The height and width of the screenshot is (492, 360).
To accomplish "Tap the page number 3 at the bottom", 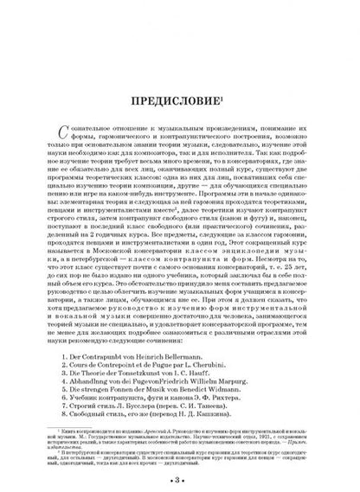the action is (180, 456).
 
